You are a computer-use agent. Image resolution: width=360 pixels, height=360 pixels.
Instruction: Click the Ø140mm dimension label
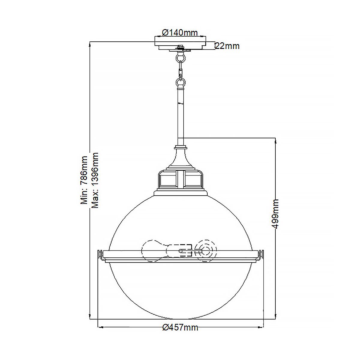[180, 32]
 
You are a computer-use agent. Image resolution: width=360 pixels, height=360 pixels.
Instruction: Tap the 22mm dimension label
[227, 46]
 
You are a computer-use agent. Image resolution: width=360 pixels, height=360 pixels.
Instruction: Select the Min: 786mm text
[84, 180]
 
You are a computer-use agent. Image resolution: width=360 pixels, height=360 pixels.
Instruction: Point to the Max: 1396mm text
[95, 180]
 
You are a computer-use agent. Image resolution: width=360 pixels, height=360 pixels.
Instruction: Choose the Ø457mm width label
[180, 328]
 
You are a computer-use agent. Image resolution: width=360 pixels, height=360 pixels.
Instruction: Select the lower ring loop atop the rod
[181, 82]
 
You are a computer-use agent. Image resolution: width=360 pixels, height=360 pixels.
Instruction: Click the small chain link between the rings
[181, 72]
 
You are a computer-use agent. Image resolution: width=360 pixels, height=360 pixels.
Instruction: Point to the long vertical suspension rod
[181, 117]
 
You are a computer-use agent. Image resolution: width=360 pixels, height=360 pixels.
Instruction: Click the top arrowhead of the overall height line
[90, 44]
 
